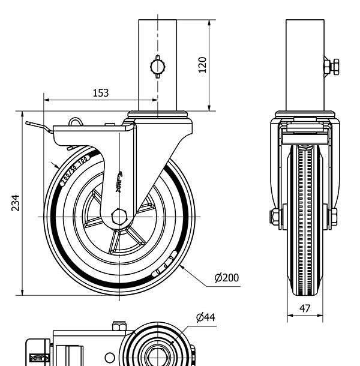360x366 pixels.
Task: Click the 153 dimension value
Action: click(101, 92)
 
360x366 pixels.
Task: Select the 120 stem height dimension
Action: click(202, 65)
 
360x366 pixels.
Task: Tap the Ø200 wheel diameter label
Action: click(226, 277)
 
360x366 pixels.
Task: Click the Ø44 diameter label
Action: click(205, 317)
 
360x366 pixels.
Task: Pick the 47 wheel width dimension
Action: click(305, 308)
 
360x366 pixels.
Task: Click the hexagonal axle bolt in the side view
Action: click(119, 216)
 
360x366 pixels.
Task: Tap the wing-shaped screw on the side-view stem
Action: click(158, 66)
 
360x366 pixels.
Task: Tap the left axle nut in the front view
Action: click(275, 216)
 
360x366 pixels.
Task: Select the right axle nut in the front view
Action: click(332, 216)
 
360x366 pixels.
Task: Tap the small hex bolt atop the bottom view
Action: click(119, 327)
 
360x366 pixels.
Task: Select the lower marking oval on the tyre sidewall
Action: click(164, 265)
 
